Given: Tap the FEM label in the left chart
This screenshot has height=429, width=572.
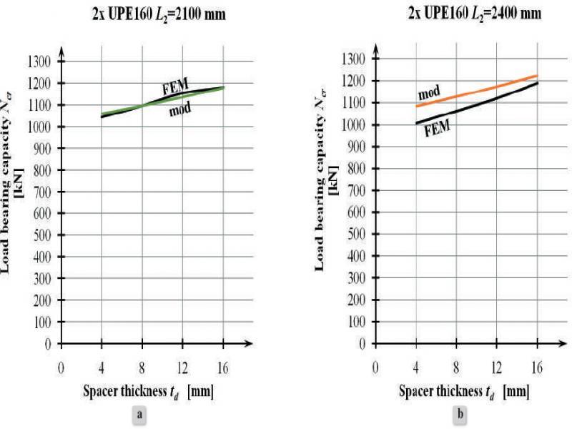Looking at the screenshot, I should pos(174,89).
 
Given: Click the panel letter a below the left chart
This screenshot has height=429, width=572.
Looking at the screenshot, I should pos(141,413).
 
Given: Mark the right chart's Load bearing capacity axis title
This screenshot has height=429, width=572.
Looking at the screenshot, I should pos(324,200).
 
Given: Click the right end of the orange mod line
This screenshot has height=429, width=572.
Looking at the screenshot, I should pos(536,76).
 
